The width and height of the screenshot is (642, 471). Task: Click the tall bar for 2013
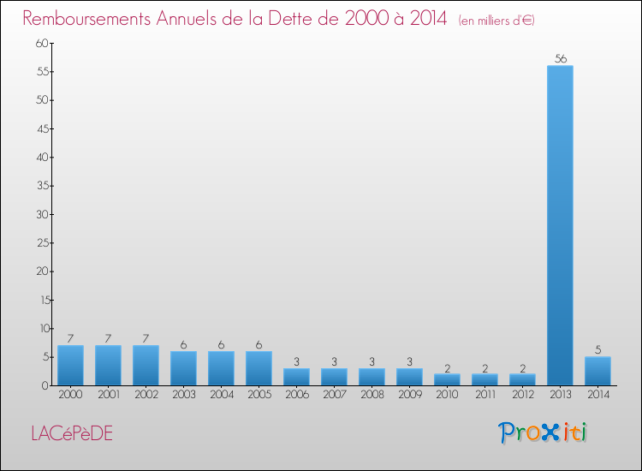click(560, 225)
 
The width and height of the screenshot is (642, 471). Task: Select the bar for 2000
click(70, 365)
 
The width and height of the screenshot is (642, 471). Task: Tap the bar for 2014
click(597, 371)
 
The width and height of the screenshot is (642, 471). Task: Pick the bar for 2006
click(296, 377)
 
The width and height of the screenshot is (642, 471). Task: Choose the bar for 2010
click(447, 379)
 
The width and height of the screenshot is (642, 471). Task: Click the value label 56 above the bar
click(561, 59)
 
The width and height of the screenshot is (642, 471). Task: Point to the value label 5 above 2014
click(597, 349)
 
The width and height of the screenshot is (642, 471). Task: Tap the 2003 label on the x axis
click(183, 394)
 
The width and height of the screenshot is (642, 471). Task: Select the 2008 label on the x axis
click(372, 394)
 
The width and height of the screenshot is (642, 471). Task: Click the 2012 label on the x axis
click(522, 394)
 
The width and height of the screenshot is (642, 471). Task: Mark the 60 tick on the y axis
click(41, 44)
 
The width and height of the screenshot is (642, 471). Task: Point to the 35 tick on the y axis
click(41, 186)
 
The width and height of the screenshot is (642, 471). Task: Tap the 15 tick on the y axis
click(41, 300)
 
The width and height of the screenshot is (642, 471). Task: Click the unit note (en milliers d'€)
click(496, 21)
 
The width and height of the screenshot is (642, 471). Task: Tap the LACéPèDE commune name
click(71, 433)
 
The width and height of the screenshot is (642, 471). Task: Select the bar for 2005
click(259, 368)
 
